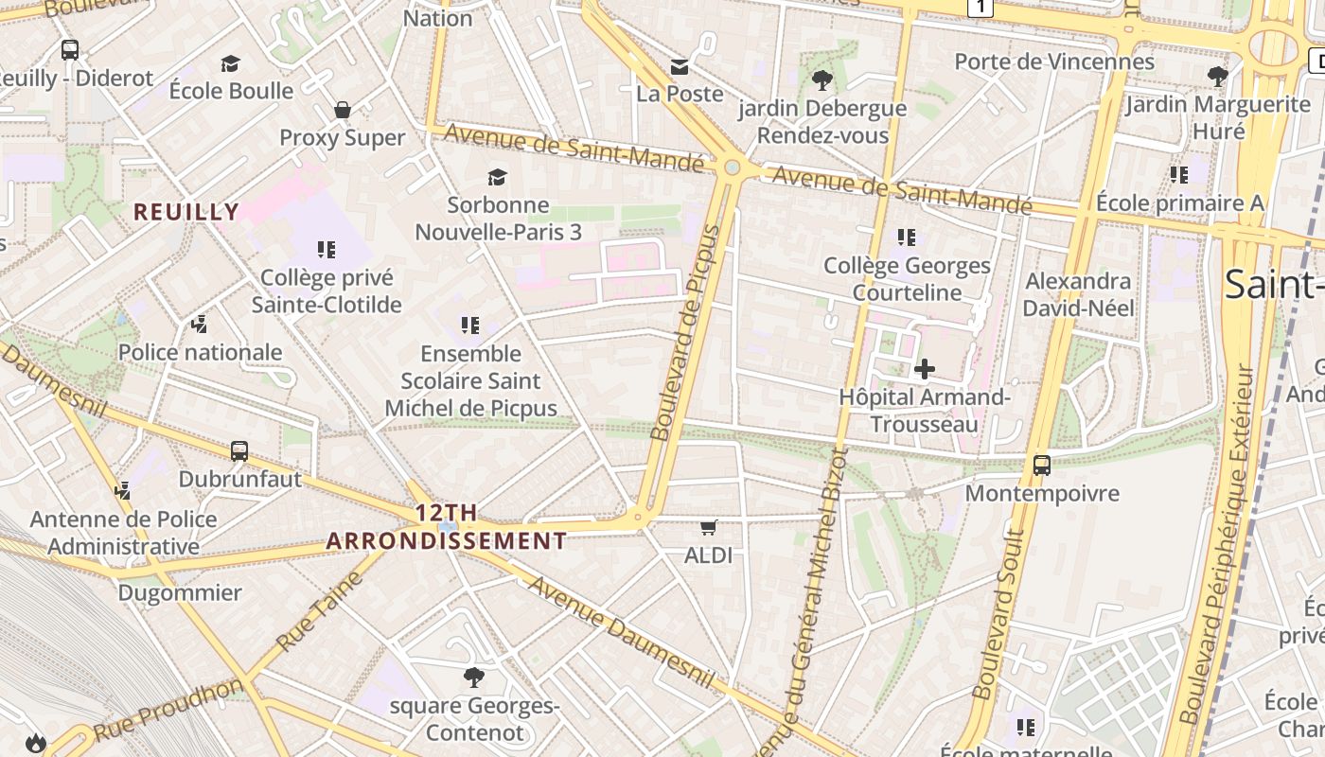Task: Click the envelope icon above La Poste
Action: [x=680, y=66]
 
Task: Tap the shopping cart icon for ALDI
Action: [x=708, y=527]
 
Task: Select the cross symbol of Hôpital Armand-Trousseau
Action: [x=925, y=369]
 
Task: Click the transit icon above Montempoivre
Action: [x=1041, y=466]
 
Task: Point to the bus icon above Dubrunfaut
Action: [x=239, y=451]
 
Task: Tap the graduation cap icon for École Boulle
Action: [x=230, y=63]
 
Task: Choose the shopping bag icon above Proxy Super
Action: [x=343, y=110]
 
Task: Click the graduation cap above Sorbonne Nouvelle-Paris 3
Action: [x=497, y=177]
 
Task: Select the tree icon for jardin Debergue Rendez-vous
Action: [x=821, y=79]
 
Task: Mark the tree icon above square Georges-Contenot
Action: [x=474, y=677]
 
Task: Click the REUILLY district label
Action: [x=186, y=212]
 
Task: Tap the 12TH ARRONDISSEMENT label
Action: [x=447, y=528]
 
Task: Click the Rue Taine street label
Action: [x=320, y=611]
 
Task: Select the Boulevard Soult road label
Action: [x=999, y=615]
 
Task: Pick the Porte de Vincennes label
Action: [x=1054, y=62]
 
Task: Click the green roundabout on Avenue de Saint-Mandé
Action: [x=732, y=167]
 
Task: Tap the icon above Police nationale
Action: [x=199, y=325]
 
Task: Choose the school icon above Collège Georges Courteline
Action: [x=907, y=238]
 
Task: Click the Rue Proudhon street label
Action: [x=168, y=710]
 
